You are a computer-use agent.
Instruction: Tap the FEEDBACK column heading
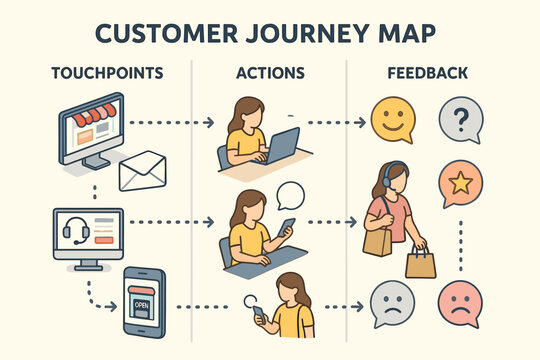pos(429,73)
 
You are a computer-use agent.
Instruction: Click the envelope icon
pos(141,171)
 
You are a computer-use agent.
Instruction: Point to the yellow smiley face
pos(392,120)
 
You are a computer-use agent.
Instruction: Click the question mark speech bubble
pos(460,121)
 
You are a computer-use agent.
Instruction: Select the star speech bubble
pos(460,184)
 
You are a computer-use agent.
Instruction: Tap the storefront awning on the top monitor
pos(87,118)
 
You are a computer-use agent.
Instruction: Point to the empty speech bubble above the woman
pos(289,194)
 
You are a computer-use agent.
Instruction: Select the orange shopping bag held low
pos(420,263)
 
